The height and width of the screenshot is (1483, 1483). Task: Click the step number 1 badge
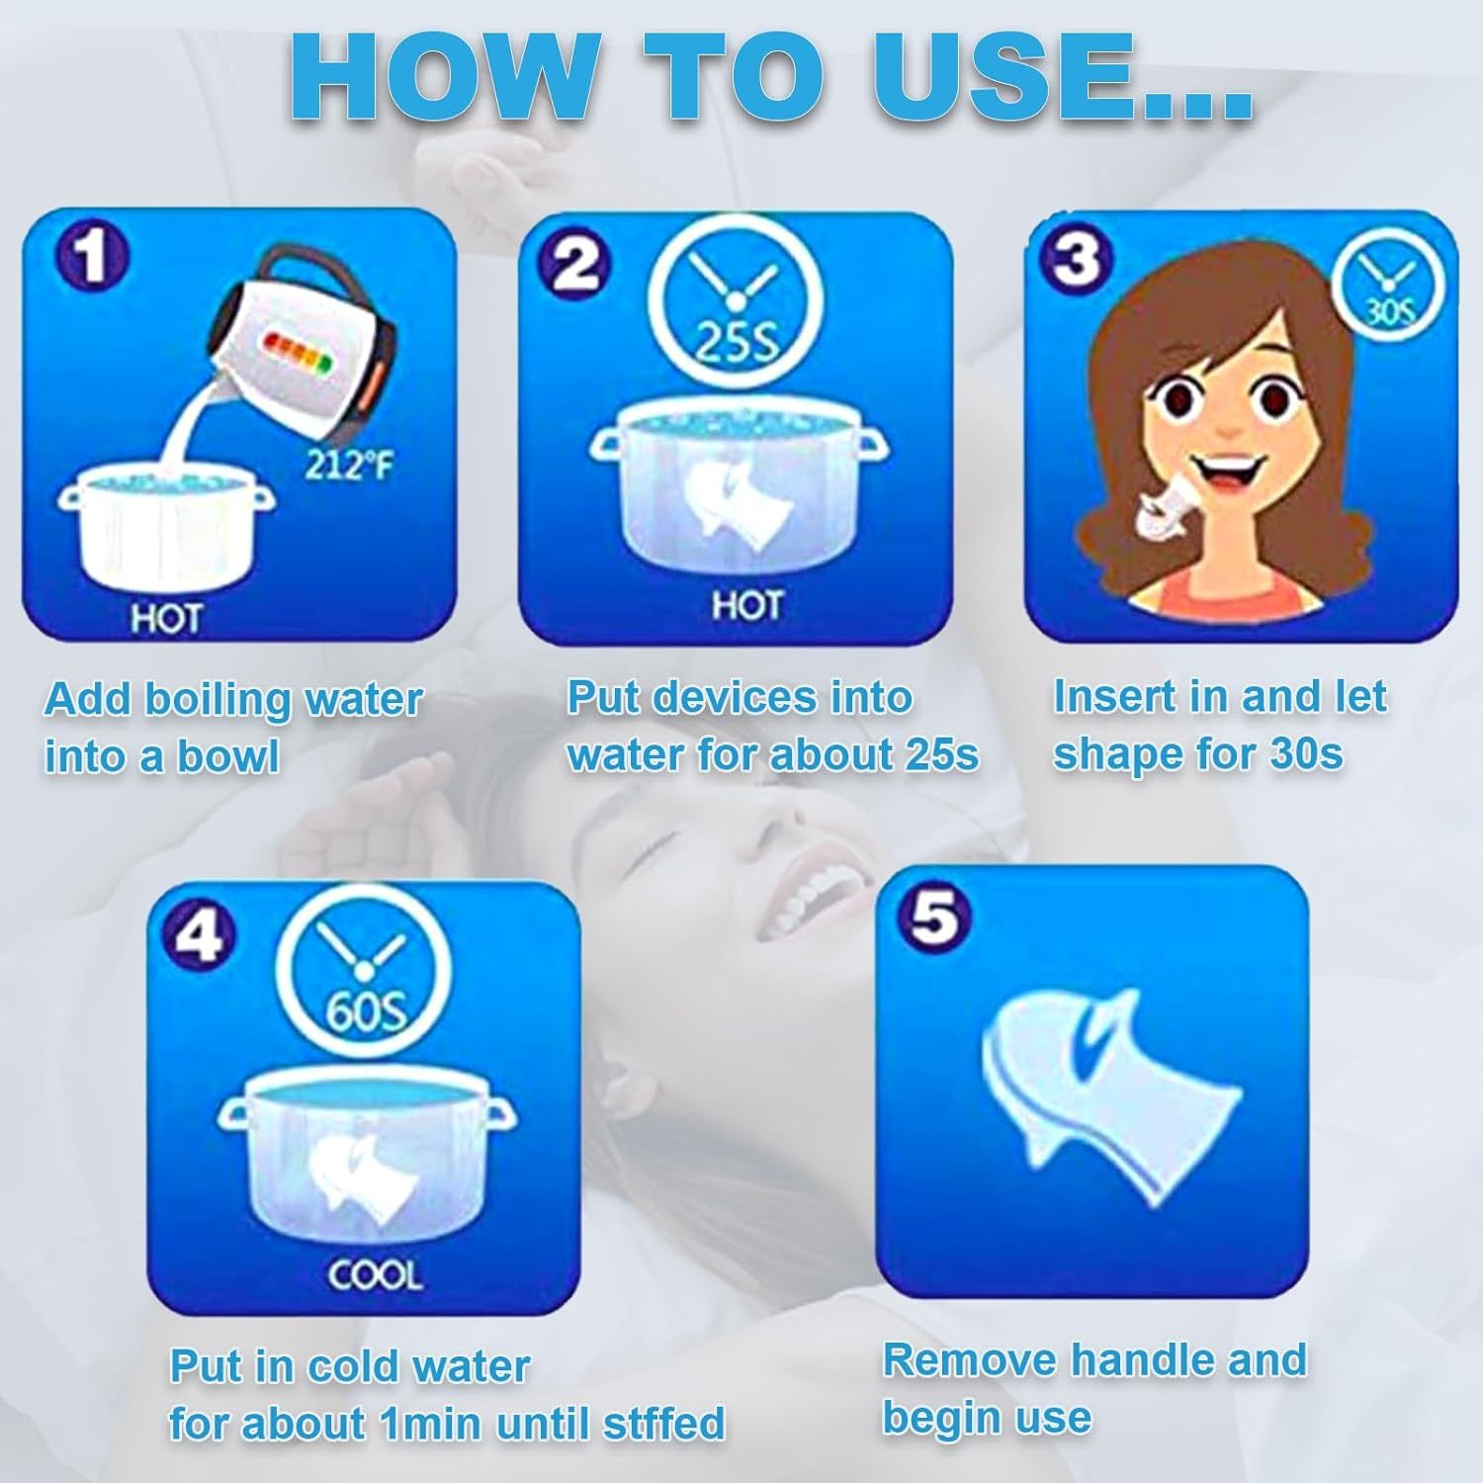pyautogui.click(x=92, y=256)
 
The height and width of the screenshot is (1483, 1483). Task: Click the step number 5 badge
pyautogui.click(x=934, y=916)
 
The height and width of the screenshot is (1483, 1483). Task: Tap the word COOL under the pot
pyautogui.click(x=375, y=1275)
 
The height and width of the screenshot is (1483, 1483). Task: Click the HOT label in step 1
pyautogui.click(x=166, y=619)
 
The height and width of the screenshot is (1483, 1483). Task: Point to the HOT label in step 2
pyautogui.click(x=747, y=605)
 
